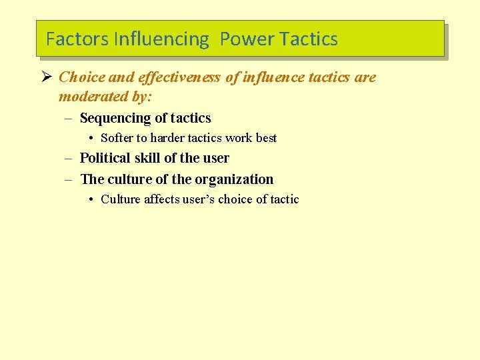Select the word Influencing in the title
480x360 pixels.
pyautogui.click(x=161, y=39)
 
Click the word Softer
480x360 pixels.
pyautogui.click(x=117, y=139)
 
